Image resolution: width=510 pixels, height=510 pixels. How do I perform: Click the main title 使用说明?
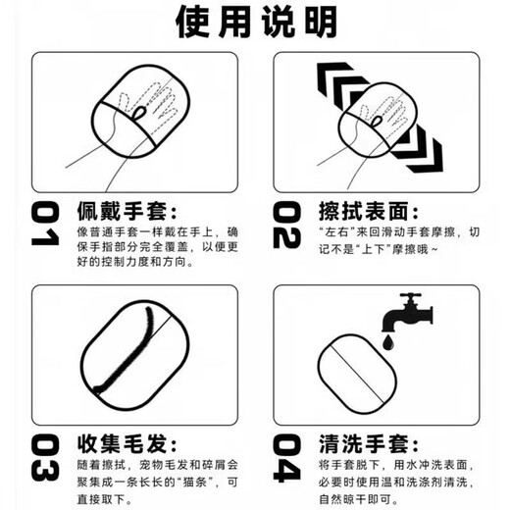pyautogui.click(x=255, y=22)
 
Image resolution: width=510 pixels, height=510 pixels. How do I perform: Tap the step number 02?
pyautogui.click(x=287, y=229)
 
